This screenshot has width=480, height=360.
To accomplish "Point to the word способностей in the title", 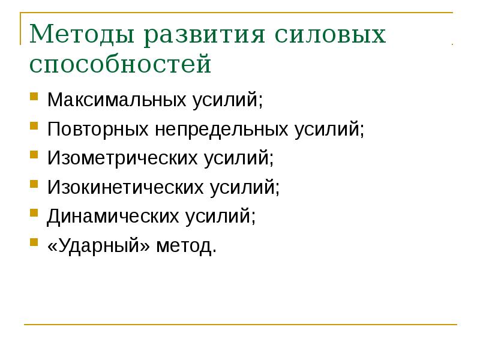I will point(120,65).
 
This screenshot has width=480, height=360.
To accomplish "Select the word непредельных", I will point(221,129).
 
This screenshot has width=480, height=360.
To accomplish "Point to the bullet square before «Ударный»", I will point(35,243).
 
